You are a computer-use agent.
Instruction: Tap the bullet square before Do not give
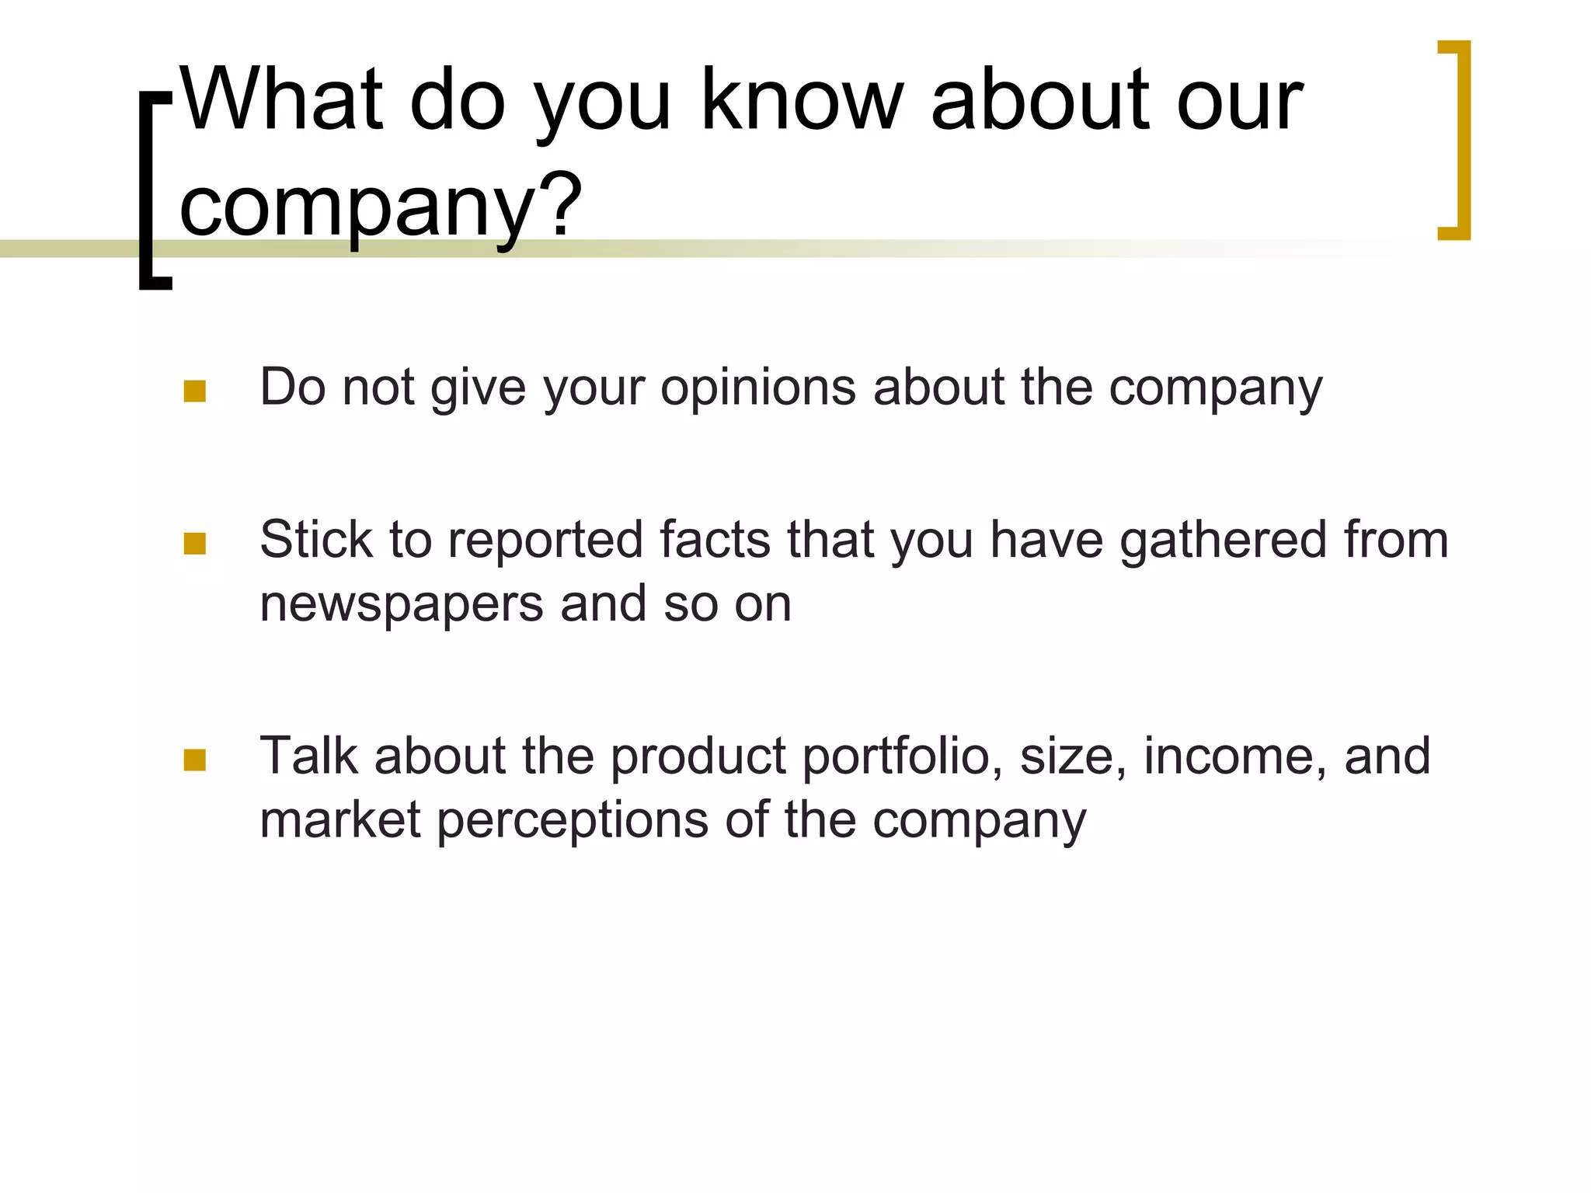[x=194, y=391]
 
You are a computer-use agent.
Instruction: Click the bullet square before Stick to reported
[x=194, y=544]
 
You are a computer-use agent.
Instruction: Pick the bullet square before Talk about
[x=194, y=760]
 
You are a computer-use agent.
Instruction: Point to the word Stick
[x=315, y=540]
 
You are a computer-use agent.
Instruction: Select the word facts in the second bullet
[x=715, y=540]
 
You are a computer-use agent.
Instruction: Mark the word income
[x=1234, y=756]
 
